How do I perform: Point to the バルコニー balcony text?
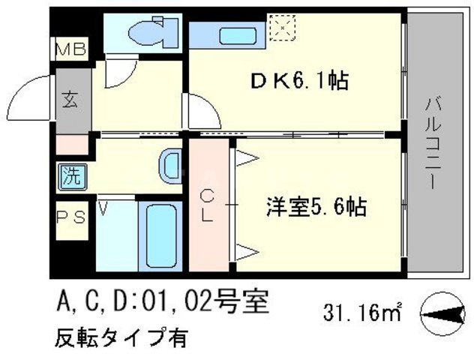pyautogui.click(x=432, y=142)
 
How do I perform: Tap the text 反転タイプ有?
pyautogui.click(x=120, y=337)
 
